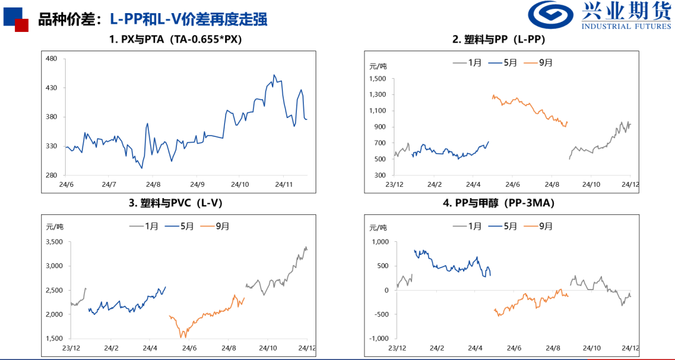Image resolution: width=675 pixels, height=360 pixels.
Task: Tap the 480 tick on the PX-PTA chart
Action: (51, 59)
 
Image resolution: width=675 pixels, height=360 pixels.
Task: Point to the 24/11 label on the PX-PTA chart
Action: (284, 184)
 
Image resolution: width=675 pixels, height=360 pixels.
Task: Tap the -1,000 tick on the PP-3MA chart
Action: (376, 339)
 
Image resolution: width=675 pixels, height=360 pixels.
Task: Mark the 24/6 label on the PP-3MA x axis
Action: (513, 348)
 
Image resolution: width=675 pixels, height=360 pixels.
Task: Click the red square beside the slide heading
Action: (22, 25)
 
